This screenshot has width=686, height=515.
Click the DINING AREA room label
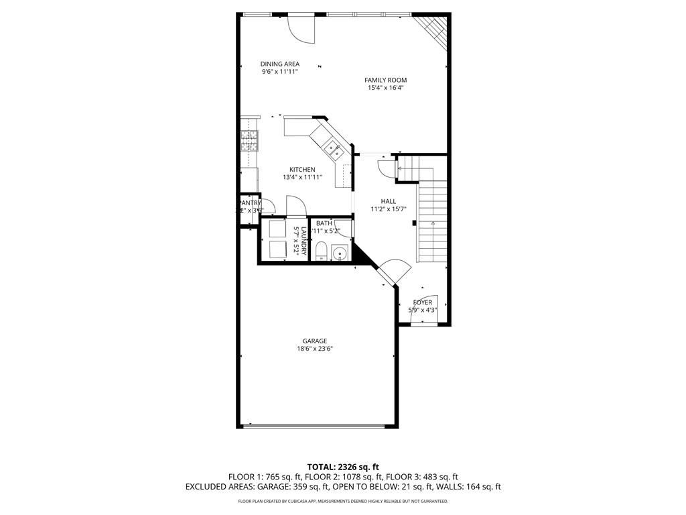pyautogui.click(x=279, y=64)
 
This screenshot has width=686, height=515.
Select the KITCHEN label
pyautogui.click(x=302, y=170)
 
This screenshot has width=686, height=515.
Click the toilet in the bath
pyautogui.click(x=321, y=252)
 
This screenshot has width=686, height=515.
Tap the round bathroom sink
pyautogui.click(x=340, y=253)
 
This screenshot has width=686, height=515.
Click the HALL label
pyautogui.click(x=388, y=201)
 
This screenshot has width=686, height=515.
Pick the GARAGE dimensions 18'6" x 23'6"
pyautogui.click(x=315, y=349)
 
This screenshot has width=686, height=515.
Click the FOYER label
pyautogui.click(x=422, y=302)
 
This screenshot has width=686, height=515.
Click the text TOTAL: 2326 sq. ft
pyautogui.click(x=342, y=467)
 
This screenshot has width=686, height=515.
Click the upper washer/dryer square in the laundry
pyautogui.click(x=277, y=229)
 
